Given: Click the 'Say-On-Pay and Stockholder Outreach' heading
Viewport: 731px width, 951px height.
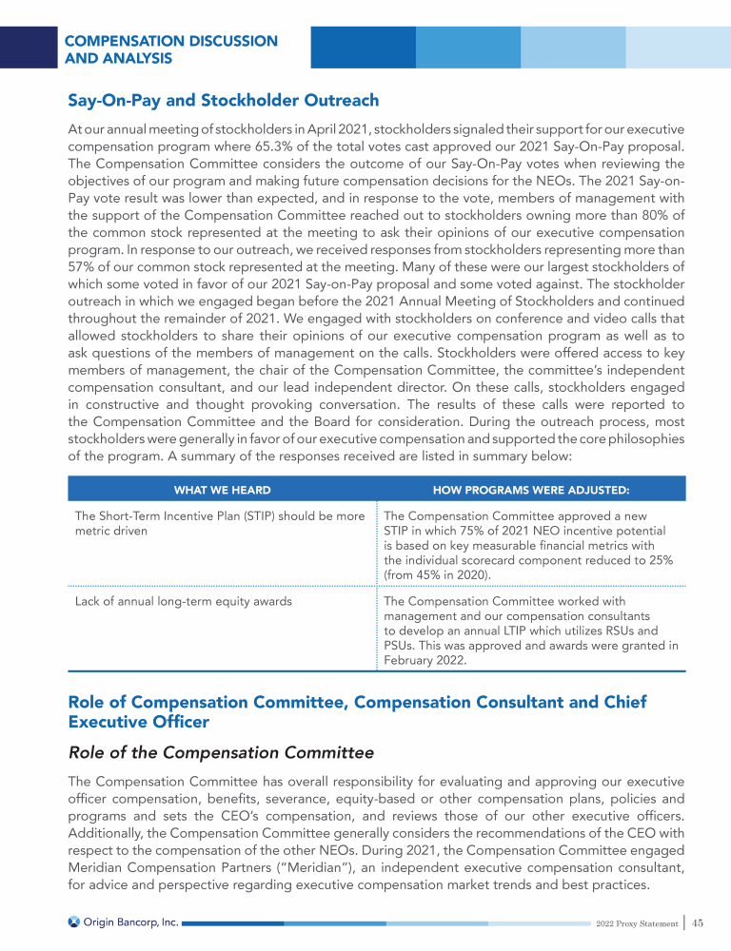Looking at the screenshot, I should point(223,100).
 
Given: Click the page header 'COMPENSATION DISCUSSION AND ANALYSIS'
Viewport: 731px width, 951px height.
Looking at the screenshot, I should point(171,49).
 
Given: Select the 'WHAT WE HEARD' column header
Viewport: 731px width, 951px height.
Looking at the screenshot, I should point(222,490).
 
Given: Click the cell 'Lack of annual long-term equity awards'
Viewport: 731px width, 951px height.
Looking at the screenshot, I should point(183,601).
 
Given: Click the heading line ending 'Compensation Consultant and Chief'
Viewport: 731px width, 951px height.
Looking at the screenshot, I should point(357,702).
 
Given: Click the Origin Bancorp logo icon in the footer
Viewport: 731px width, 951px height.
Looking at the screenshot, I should point(73,921).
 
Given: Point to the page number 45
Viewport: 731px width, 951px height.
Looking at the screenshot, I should point(698,921).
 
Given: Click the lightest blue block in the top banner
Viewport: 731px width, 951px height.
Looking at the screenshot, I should point(678,47).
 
